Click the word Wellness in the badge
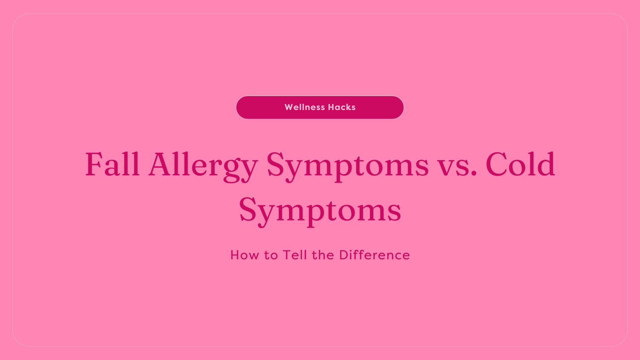pyautogui.click(x=305, y=107)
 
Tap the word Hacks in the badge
pyautogui.click(x=342, y=107)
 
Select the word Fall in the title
pyautogui.click(x=112, y=164)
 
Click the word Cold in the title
pyautogui.click(x=520, y=164)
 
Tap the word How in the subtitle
pyautogui.click(x=244, y=255)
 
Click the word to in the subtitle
pyautogui.click(x=271, y=255)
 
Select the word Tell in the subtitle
pyautogui.click(x=295, y=255)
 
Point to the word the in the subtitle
pyautogui.click(x=323, y=255)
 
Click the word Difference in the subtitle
pyautogui.click(x=374, y=255)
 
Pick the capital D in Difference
pyautogui.click(x=344, y=255)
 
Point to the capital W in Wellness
pyautogui.click(x=289, y=107)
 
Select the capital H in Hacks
pyautogui.click(x=331, y=107)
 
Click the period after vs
pyautogui.click(x=474, y=174)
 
